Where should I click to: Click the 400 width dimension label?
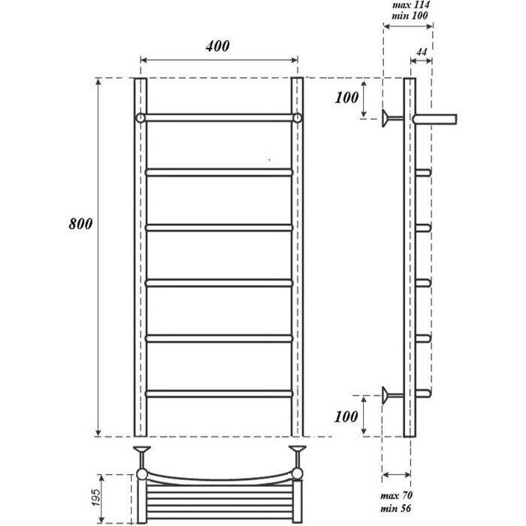[x=218, y=47]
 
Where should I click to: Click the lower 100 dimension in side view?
[x=348, y=416]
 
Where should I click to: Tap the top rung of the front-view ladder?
[x=219, y=119]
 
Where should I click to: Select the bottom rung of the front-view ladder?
[x=219, y=392]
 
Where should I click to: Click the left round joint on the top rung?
[x=141, y=119]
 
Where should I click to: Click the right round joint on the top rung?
[x=298, y=119]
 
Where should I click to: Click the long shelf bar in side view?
[x=435, y=117]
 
